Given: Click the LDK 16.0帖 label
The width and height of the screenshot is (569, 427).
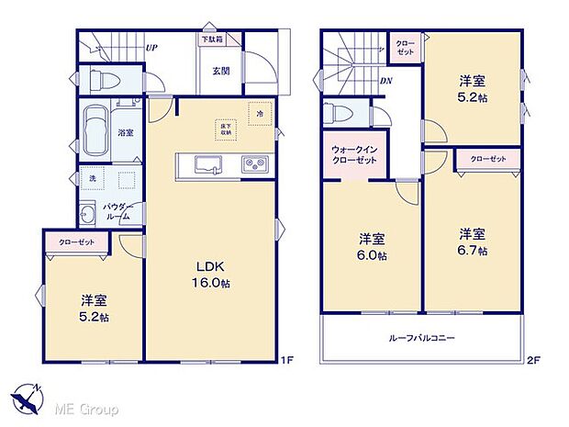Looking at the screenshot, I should click(x=210, y=275).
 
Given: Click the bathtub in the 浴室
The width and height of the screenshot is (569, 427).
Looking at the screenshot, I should click(x=96, y=131).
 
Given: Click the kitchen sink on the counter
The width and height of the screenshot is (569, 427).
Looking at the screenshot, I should click(x=206, y=164).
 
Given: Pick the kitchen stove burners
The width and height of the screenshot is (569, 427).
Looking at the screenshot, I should click(x=252, y=164).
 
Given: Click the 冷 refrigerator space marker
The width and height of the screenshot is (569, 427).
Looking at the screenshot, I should click(x=260, y=114).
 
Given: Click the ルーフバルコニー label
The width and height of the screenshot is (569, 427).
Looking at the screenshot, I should click(x=421, y=338).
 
